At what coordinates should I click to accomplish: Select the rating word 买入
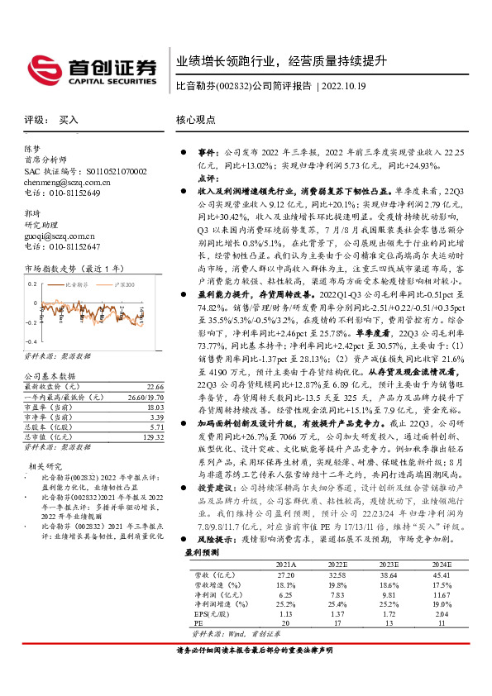(69, 120)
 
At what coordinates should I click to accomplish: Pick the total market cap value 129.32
(154, 436)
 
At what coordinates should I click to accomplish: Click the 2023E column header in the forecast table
(389, 588)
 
